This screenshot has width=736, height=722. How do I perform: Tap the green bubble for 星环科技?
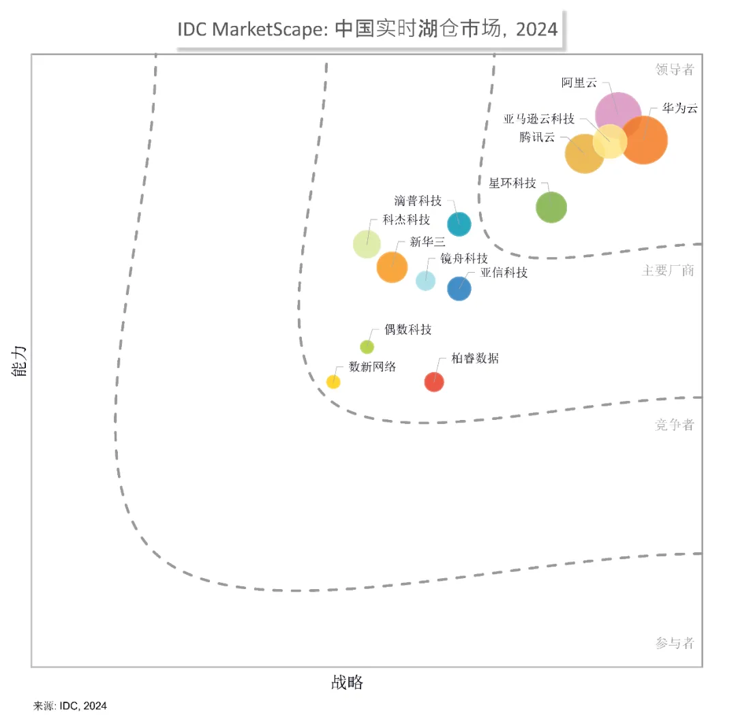(x=551, y=207)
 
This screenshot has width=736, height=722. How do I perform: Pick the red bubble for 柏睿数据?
(x=434, y=382)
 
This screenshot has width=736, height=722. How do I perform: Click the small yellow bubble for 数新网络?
(x=333, y=382)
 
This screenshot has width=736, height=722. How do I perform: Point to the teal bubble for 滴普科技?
(x=459, y=224)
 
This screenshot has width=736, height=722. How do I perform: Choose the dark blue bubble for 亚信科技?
(x=459, y=288)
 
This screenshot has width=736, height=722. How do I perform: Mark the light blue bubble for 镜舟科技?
(x=426, y=280)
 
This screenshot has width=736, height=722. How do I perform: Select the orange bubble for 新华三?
(x=392, y=267)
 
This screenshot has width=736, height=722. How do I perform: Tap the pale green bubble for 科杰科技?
(x=367, y=243)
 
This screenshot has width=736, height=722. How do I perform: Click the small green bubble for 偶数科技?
(x=367, y=347)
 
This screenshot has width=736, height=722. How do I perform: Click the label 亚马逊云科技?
(x=539, y=119)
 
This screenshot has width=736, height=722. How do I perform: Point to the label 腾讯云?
(x=537, y=137)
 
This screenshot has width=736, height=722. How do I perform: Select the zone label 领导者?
(x=675, y=69)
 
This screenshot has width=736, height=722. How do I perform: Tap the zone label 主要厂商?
(x=668, y=271)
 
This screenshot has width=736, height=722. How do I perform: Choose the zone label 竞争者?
(x=675, y=425)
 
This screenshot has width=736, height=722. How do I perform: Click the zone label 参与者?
(x=675, y=643)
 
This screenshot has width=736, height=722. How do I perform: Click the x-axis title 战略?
(x=348, y=682)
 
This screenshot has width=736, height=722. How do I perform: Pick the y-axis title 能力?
(x=20, y=361)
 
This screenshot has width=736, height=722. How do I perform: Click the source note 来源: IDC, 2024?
(x=70, y=706)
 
